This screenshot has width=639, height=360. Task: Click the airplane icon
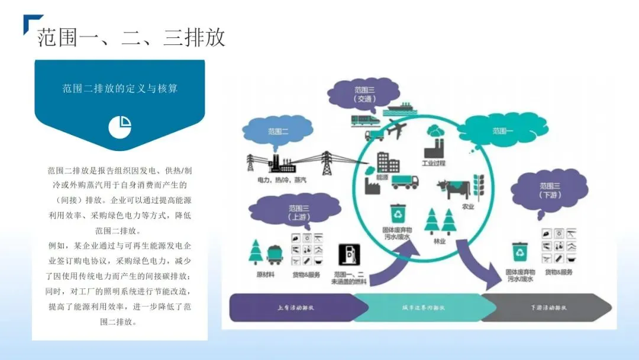click(x=395, y=128)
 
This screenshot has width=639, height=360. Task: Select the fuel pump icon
click(x=350, y=255)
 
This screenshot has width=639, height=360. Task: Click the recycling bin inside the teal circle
click(x=398, y=213)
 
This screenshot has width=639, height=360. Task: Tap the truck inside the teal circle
click(x=405, y=181)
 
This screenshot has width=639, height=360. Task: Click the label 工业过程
click(x=433, y=163)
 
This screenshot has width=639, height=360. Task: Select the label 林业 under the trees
click(x=439, y=241)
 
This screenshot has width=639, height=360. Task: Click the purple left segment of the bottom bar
click(x=296, y=308)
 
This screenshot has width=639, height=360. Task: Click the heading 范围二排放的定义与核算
click(x=120, y=89)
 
